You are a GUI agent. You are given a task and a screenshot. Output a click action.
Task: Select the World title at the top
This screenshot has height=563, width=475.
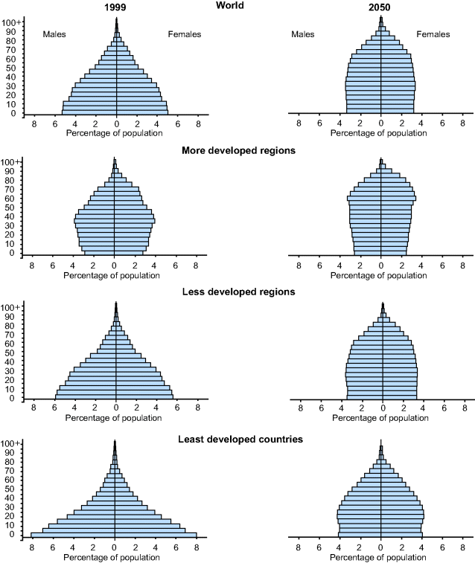coord(238,6)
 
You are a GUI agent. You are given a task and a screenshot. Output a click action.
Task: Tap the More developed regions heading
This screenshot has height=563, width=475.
coord(238,150)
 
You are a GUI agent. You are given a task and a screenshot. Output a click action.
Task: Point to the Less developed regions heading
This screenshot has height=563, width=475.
coord(238,292)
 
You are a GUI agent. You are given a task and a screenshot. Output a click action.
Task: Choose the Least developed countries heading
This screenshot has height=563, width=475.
coord(240,439)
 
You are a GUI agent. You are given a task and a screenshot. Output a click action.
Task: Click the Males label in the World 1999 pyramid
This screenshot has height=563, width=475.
coord(55,34)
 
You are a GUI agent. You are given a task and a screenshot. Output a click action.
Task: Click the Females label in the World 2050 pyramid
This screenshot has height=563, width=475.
coord(433,34)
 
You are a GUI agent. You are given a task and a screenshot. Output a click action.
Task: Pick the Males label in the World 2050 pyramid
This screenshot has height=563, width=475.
coord(303,34)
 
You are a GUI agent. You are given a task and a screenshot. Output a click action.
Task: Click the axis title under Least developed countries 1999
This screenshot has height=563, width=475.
coord(112,557)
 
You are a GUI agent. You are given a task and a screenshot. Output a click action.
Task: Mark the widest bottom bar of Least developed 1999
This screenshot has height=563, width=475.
coord(114,535)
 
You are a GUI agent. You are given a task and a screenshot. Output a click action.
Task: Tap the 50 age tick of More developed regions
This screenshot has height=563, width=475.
coord(11,207)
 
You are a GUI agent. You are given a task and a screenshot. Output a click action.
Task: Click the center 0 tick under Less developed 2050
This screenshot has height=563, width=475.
coord(383,407)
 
